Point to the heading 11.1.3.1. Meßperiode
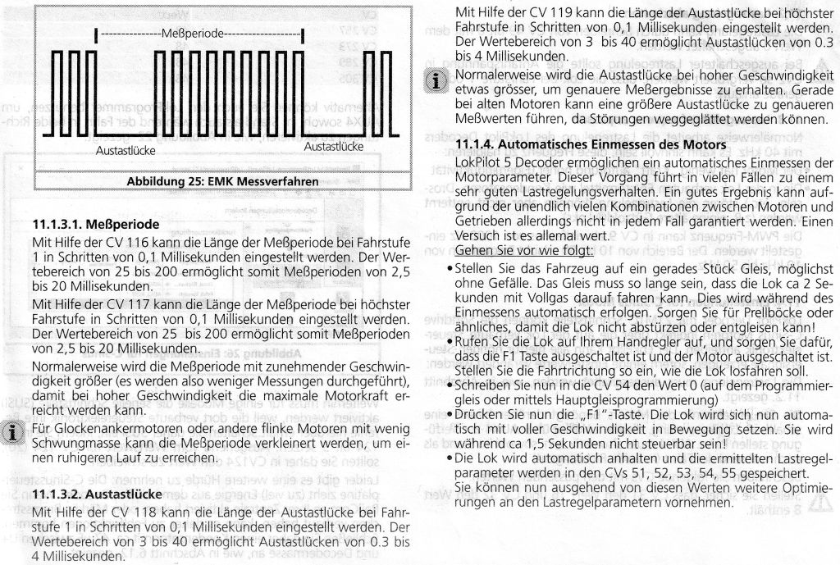tap(96, 223)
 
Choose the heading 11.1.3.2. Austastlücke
tap(97, 494)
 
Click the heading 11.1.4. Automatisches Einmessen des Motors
tap(610, 144)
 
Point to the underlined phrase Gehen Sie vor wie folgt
tap(512, 248)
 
